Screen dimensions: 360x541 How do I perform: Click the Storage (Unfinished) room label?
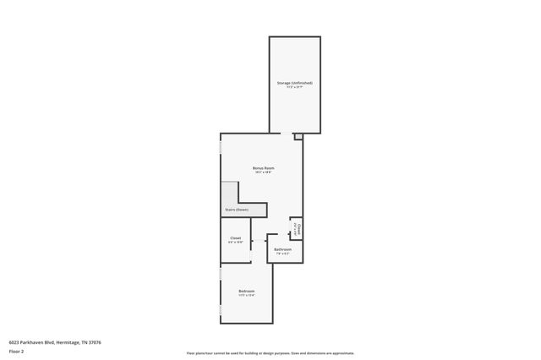click(295, 83)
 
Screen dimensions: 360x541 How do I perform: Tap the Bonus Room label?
click(263, 168)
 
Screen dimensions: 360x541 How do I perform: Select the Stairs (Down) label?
click(236, 210)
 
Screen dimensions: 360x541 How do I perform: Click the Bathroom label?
click(282, 249)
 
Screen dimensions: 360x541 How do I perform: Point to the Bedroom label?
click(246, 291)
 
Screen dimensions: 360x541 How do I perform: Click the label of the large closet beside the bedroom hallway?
click(235, 238)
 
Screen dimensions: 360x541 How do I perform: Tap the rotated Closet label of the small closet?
click(298, 228)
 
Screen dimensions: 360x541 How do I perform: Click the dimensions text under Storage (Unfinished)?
click(295, 88)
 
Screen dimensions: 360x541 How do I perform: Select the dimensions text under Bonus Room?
click(263, 173)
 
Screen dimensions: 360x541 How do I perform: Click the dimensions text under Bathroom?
click(282, 254)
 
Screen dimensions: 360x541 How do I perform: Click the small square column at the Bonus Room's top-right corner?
click(298, 136)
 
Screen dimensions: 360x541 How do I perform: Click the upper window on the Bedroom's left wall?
click(221, 275)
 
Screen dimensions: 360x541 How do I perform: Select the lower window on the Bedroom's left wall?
click(221, 313)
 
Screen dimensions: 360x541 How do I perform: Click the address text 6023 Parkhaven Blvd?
click(55, 341)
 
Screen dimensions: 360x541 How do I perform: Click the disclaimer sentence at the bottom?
click(270, 353)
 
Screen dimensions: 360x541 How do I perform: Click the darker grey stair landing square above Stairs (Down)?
click(230, 192)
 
